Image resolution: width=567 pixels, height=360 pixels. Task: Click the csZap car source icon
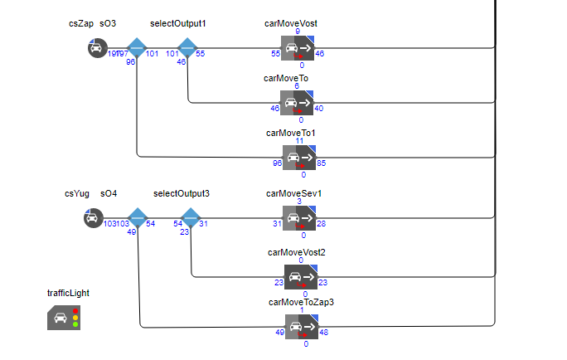coord(98,48)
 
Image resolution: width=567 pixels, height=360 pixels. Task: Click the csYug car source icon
coord(93,218)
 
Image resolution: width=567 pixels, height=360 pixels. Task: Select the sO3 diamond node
coord(136,48)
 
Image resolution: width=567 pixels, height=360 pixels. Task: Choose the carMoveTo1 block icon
coord(299,158)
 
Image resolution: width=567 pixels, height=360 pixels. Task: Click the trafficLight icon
coord(64,317)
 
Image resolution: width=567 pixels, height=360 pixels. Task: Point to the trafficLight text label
coord(68,293)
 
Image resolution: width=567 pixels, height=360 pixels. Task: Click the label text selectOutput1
coord(177,23)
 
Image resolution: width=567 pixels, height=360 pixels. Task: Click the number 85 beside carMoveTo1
coord(322,163)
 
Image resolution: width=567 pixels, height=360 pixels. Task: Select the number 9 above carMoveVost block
coord(298,32)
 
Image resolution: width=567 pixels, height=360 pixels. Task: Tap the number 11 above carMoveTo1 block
coord(300,142)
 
